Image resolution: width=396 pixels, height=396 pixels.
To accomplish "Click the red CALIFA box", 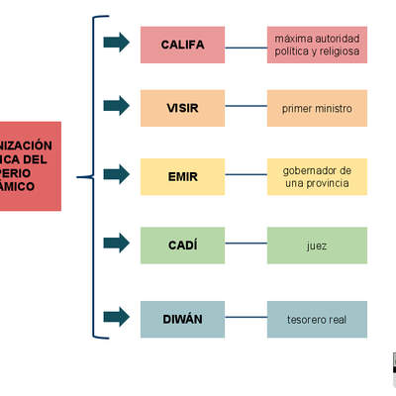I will [182, 45].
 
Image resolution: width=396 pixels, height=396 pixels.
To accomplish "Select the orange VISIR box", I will [182, 107].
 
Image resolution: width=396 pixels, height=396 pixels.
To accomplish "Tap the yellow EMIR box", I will [182, 176].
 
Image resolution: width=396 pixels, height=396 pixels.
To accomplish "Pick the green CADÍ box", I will [182, 245].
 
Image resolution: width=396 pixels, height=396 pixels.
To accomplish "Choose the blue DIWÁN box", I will [182, 319].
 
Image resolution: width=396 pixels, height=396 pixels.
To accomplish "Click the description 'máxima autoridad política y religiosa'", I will [317, 45].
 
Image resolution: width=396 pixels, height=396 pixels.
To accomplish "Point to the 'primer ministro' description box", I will [317, 107].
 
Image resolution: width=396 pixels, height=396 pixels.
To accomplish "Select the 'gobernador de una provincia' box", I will [317, 176].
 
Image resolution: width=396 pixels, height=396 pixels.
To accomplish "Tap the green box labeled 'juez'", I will [317, 245].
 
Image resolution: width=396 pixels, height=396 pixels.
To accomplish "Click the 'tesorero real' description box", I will [317, 319].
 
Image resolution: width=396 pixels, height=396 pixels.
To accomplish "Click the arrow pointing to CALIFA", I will [116, 42].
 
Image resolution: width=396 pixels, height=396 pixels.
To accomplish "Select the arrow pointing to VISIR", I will [116, 105].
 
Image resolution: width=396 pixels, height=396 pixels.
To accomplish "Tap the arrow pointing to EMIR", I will [116, 174].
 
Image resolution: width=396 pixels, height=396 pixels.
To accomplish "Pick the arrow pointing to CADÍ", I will [116, 243].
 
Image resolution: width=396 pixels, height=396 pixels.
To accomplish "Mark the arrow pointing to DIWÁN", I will [116, 317].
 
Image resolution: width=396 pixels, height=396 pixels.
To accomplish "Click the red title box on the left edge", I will [30, 166].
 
